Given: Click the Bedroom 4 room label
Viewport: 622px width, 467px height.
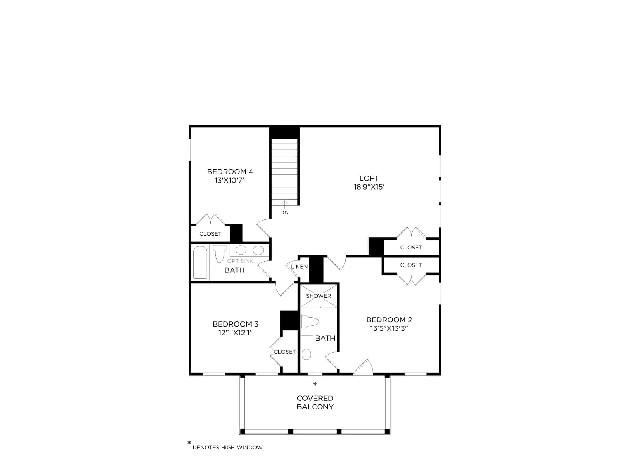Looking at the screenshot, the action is tap(230, 172).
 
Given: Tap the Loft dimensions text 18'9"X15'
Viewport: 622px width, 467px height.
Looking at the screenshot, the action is tap(369, 187).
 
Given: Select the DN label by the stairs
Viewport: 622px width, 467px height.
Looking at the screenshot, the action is tap(284, 212).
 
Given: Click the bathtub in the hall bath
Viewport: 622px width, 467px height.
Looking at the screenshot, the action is tap(200, 262).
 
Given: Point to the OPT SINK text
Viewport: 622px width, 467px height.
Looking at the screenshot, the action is tap(240, 261).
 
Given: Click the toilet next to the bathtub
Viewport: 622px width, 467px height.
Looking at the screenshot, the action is tap(220, 253).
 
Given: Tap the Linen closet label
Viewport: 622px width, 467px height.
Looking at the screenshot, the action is tap(299, 266).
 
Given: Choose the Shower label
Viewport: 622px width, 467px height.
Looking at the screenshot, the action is tap(318, 296).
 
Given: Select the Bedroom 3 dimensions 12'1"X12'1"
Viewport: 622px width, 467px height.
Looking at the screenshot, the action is tap(235, 333).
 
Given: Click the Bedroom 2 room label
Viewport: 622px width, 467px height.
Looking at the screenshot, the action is tap(389, 320).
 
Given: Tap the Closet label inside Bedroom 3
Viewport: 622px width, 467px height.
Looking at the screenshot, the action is tap(285, 352).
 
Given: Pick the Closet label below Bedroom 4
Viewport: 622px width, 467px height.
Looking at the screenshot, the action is tap(210, 234).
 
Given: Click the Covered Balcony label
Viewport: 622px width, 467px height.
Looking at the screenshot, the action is tap(315, 402).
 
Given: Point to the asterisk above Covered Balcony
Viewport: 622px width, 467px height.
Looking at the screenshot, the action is tap(314, 384).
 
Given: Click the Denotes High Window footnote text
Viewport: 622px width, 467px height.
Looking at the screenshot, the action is tap(227, 448).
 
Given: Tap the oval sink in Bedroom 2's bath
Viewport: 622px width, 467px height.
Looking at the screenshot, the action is tap(306, 354).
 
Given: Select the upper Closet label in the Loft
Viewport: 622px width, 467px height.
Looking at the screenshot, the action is tap(411, 247).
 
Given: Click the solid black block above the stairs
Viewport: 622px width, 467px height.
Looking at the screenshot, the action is tap(285, 132).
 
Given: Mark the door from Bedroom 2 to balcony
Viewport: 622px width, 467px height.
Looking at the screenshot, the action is tap(363, 367).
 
